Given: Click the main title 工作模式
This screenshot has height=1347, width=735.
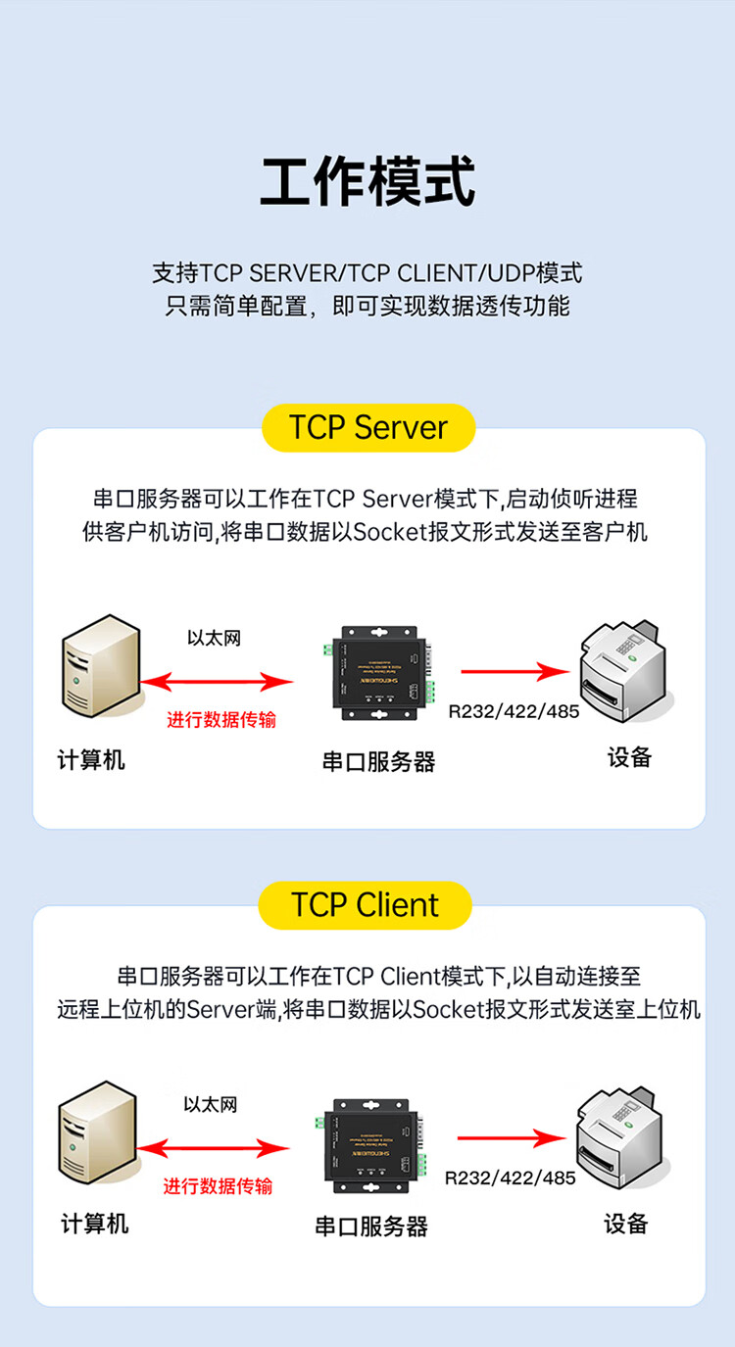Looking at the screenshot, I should click(367, 181).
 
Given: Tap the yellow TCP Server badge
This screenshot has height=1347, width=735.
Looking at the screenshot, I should click(367, 428).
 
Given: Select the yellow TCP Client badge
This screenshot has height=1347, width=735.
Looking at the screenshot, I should click(365, 905).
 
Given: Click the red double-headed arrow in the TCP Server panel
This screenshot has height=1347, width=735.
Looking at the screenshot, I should click(217, 681).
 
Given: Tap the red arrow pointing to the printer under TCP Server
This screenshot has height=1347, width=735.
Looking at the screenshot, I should click(514, 672).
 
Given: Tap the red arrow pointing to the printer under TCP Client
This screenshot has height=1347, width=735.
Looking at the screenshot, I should click(512, 1138).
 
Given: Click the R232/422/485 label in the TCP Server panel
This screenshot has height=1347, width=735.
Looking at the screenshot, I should click(514, 711).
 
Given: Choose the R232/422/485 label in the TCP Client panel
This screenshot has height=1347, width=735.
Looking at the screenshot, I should click(510, 1178).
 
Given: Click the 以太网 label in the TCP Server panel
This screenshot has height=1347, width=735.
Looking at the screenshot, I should click(214, 638).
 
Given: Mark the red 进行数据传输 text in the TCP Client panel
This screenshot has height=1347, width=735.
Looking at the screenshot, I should click(218, 1186).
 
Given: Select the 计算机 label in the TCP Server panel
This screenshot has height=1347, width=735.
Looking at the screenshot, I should click(91, 759).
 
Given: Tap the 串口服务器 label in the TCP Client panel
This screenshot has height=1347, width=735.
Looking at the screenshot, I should click(371, 1226).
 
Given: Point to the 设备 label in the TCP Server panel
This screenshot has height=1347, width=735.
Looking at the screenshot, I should click(629, 757).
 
